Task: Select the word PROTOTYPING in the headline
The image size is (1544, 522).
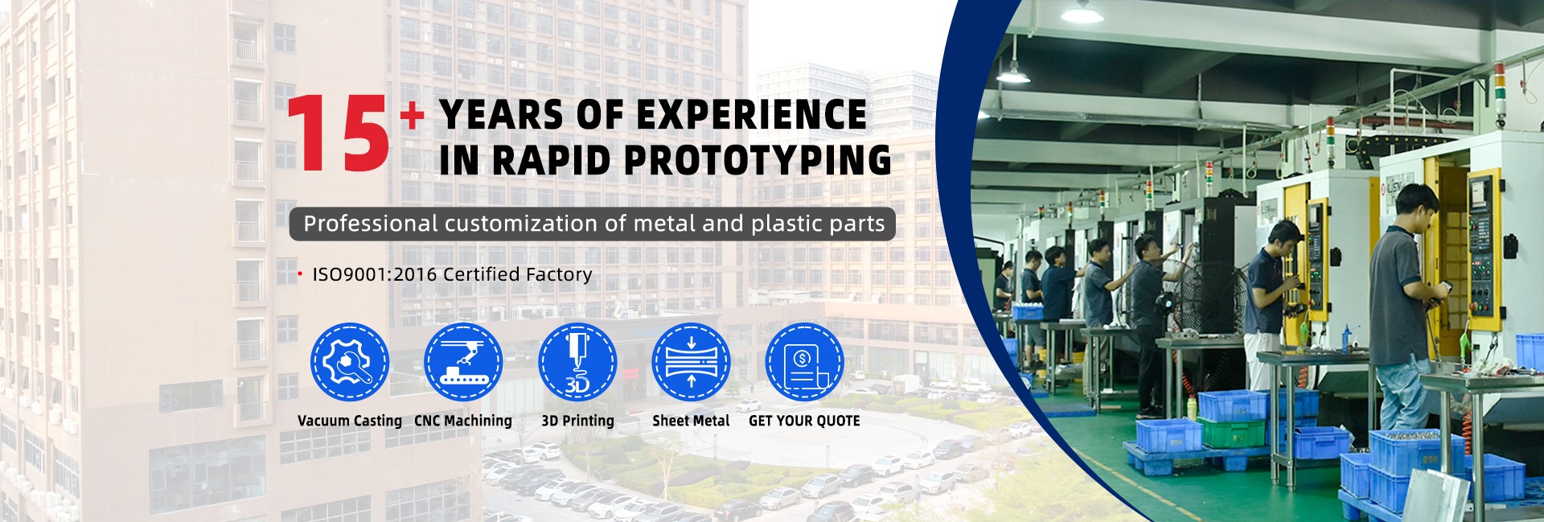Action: coord(757,159)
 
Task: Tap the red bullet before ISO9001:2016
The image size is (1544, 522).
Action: coord(300,274)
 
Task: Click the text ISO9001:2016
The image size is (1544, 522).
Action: coord(375,274)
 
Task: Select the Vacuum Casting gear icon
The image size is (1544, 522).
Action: coord(350,362)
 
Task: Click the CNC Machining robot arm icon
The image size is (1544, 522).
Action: coord(463,362)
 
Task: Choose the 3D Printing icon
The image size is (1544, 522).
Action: coord(577,362)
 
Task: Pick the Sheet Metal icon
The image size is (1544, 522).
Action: coord(691,362)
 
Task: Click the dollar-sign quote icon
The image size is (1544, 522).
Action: coord(804,362)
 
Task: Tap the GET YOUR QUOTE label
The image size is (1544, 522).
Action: coord(804,421)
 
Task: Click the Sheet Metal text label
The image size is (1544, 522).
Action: coord(691,421)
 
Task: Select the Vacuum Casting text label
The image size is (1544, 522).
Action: coord(350,421)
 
